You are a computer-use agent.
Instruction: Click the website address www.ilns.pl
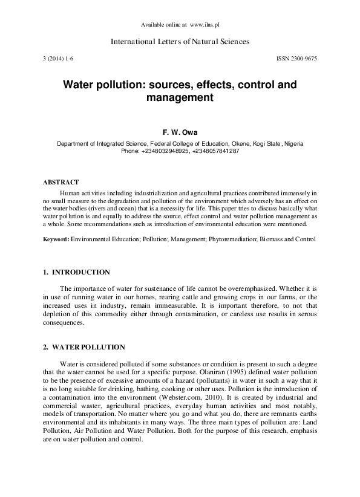point(205,25)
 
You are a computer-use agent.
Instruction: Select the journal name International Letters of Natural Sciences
point(180,42)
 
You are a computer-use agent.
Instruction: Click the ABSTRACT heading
point(61,182)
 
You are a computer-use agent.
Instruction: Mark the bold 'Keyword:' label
point(56,239)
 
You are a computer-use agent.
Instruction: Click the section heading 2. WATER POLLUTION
point(84,348)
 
